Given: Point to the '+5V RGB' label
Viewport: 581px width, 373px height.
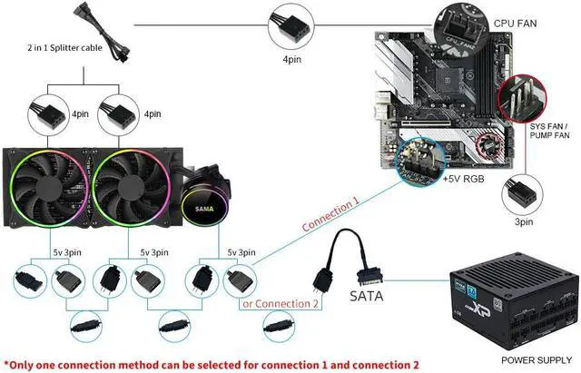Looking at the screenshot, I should coord(464,181).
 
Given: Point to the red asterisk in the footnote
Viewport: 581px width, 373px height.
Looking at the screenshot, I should coord(6,362).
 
